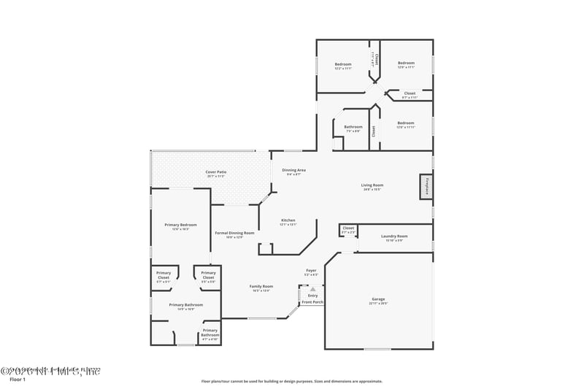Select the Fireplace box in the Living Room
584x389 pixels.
pyautogui.click(x=425, y=186)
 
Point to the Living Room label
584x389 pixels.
pyautogui.click(x=372, y=185)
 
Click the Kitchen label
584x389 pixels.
pyautogui.click(x=288, y=220)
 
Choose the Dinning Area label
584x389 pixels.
pyautogui.click(x=293, y=170)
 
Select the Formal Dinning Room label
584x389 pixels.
pyautogui.click(x=234, y=233)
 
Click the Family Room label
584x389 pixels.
pyautogui.click(x=261, y=286)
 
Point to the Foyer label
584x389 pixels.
pyautogui.click(x=311, y=270)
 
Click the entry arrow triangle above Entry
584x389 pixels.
pyautogui.click(x=312, y=289)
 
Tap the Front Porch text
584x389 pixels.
pyautogui.click(x=312, y=301)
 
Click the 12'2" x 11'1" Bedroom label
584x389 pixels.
pyautogui.click(x=343, y=64)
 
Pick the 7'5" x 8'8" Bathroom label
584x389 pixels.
pyautogui.click(x=353, y=127)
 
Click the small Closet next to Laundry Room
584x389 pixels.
pyautogui.click(x=349, y=228)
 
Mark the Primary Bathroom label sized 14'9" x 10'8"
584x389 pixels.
pyautogui.click(x=185, y=305)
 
